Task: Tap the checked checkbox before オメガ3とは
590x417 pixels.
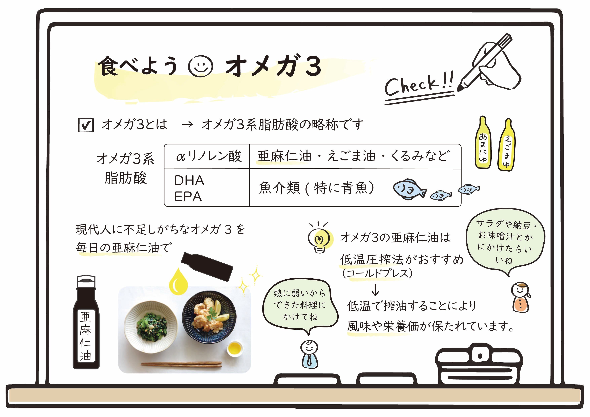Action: pyautogui.click(x=86, y=125)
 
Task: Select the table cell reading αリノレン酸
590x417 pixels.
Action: pyautogui.click(x=208, y=156)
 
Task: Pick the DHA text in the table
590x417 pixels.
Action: pyautogui.click(x=189, y=180)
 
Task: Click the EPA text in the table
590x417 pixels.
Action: pyautogui.click(x=188, y=197)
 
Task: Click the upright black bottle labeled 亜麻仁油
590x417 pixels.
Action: pyautogui.click(x=86, y=324)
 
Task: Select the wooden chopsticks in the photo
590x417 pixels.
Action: pyautogui.click(x=181, y=364)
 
